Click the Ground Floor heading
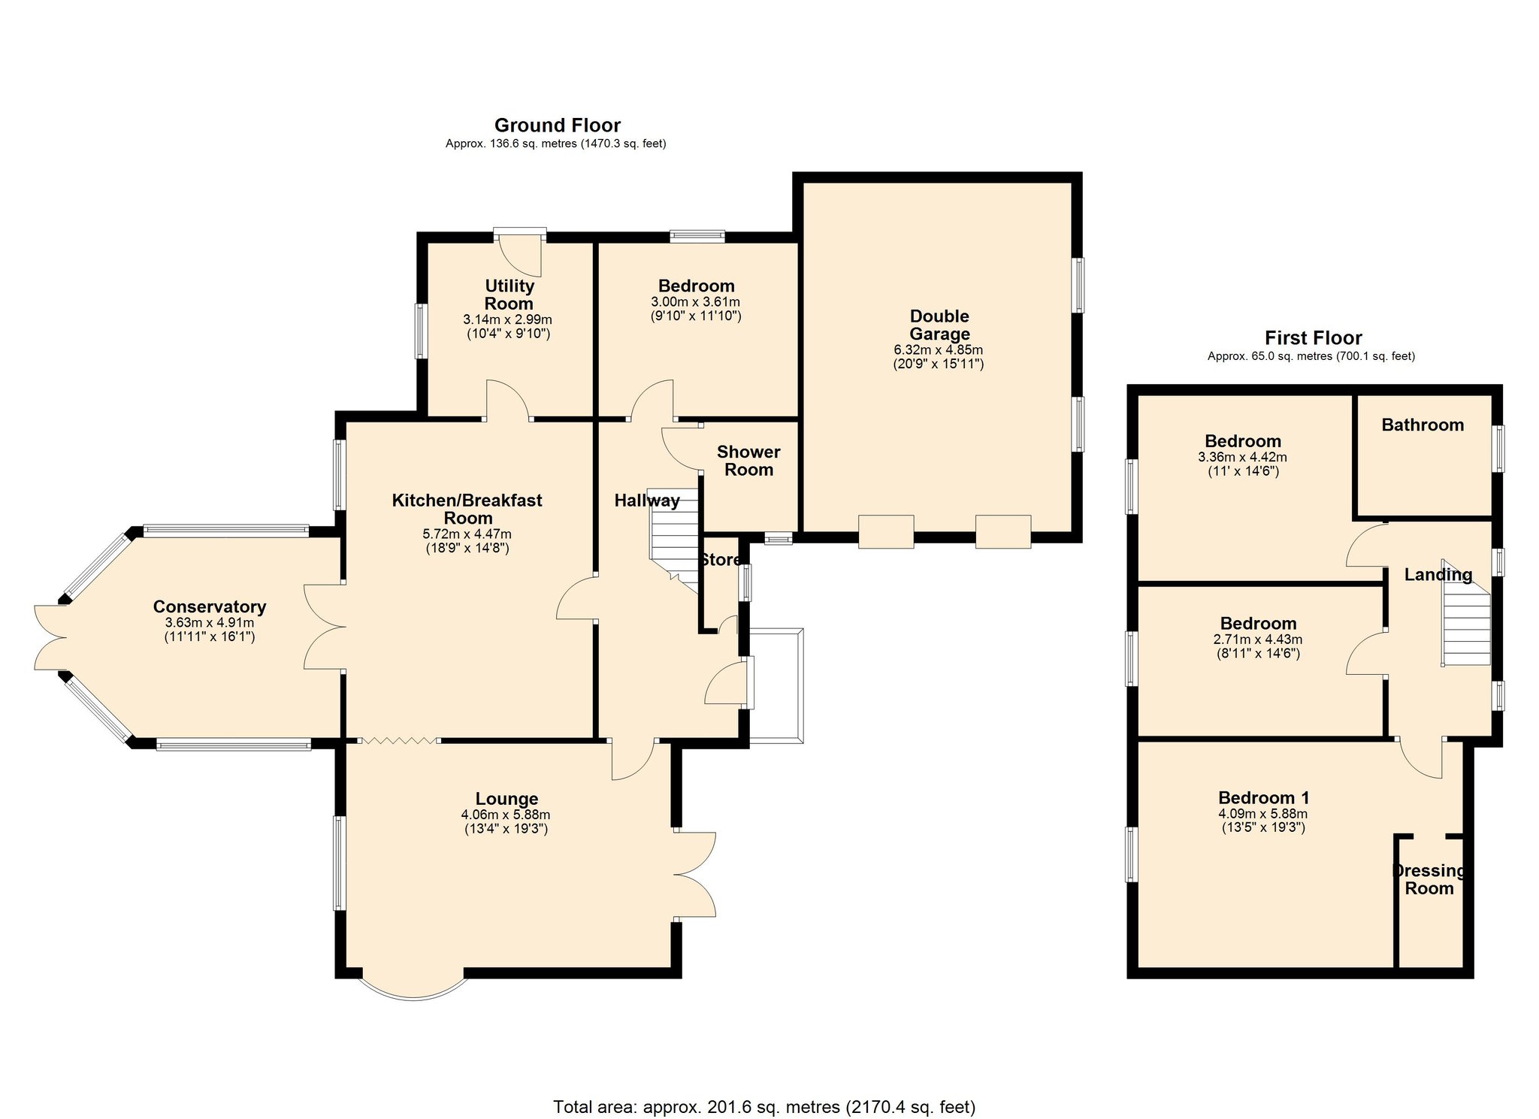[x=557, y=125]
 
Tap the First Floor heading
[x=1312, y=337]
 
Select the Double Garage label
[x=939, y=325]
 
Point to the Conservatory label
[x=209, y=606]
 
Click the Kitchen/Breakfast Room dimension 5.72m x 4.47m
[x=467, y=534]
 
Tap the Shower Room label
[x=748, y=461]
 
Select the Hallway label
[x=646, y=501]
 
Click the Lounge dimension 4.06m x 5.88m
[x=505, y=815]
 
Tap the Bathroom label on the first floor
[x=1422, y=425]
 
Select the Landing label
[x=1438, y=575]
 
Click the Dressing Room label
[x=1429, y=879]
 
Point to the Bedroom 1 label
[x=1263, y=797]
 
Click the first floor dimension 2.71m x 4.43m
[x=1257, y=640]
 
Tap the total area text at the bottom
[x=763, y=1106]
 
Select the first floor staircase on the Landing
[x=1465, y=624]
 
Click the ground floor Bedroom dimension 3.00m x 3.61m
[x=695, y=301]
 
